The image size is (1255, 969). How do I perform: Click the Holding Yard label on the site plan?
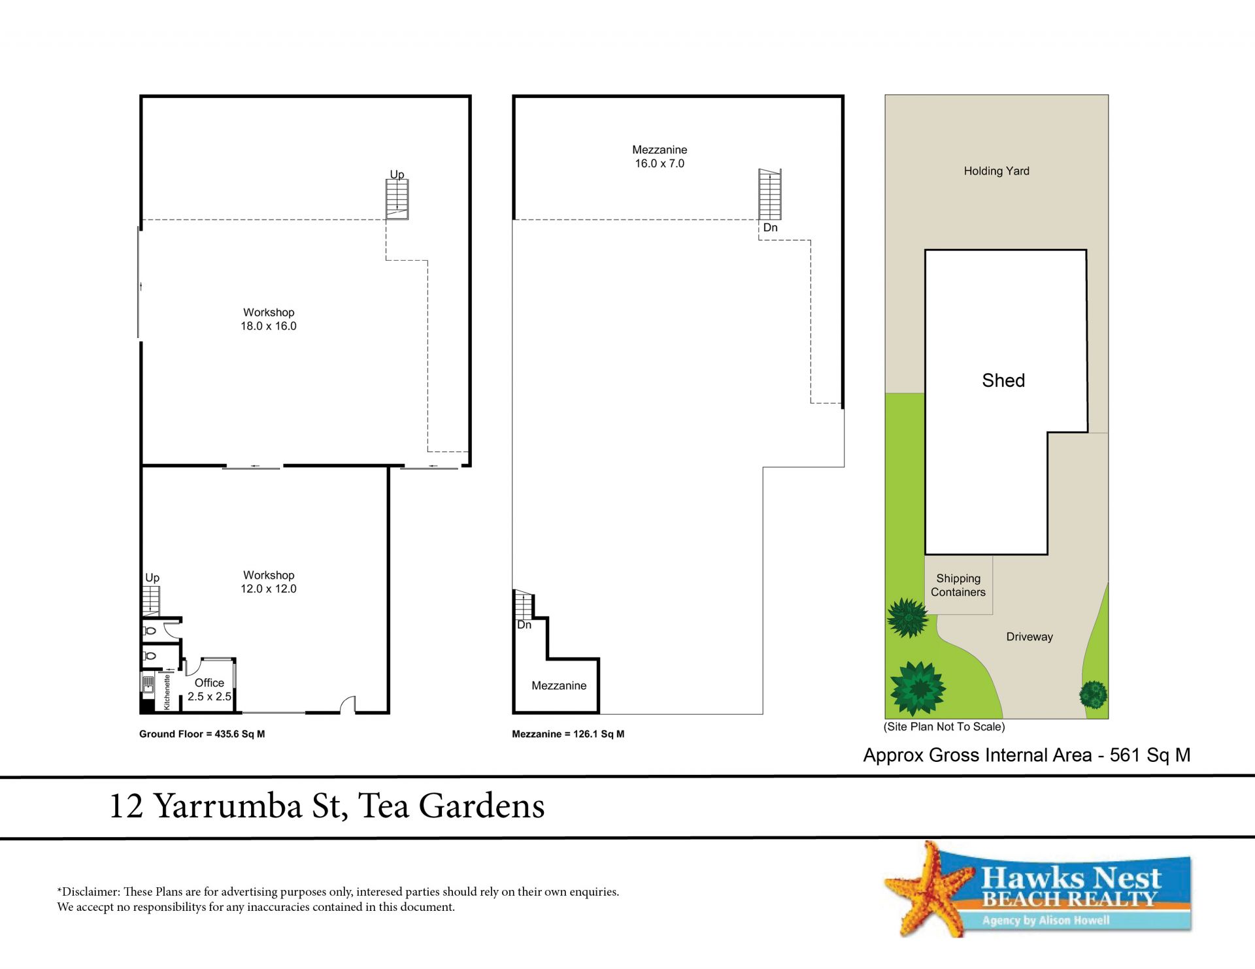point(996,171)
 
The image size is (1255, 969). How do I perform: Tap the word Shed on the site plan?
point(1003,380)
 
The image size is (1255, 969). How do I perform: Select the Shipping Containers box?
point(958,585)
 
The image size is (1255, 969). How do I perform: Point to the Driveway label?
point(1029,637)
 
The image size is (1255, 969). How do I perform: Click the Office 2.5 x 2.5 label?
point(209,689)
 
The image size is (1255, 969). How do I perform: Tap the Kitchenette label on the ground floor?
point(167,692)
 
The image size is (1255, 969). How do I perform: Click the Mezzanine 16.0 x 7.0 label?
point(660,157)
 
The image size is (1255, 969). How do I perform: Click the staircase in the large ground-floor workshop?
point(397,199)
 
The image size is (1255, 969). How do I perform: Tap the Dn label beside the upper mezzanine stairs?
point(771,227)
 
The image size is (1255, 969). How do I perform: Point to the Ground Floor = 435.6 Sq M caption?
point(202,734)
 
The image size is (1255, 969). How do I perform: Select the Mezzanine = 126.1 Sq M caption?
point(568,734)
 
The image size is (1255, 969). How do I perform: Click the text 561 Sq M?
point(1150,755)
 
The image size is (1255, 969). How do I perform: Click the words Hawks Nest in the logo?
point(1071,877)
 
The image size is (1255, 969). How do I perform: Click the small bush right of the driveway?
point(1094,694)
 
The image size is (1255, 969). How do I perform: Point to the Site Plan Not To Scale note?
point(945,727)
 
